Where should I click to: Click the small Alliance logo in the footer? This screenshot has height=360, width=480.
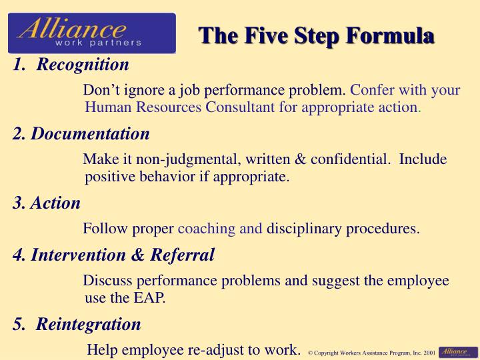click(x=459, y=351)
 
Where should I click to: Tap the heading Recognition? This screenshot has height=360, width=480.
click(x=83, y=65)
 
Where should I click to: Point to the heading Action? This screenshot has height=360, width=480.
click(x=55, y=203)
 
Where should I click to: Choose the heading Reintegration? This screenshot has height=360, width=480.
click(x=89, y=324)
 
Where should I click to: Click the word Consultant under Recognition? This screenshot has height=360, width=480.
click(x=239, y=107)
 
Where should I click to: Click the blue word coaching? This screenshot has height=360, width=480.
click(x=206, y=229)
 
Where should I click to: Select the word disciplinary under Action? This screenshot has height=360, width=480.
click(x=305, y=229)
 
